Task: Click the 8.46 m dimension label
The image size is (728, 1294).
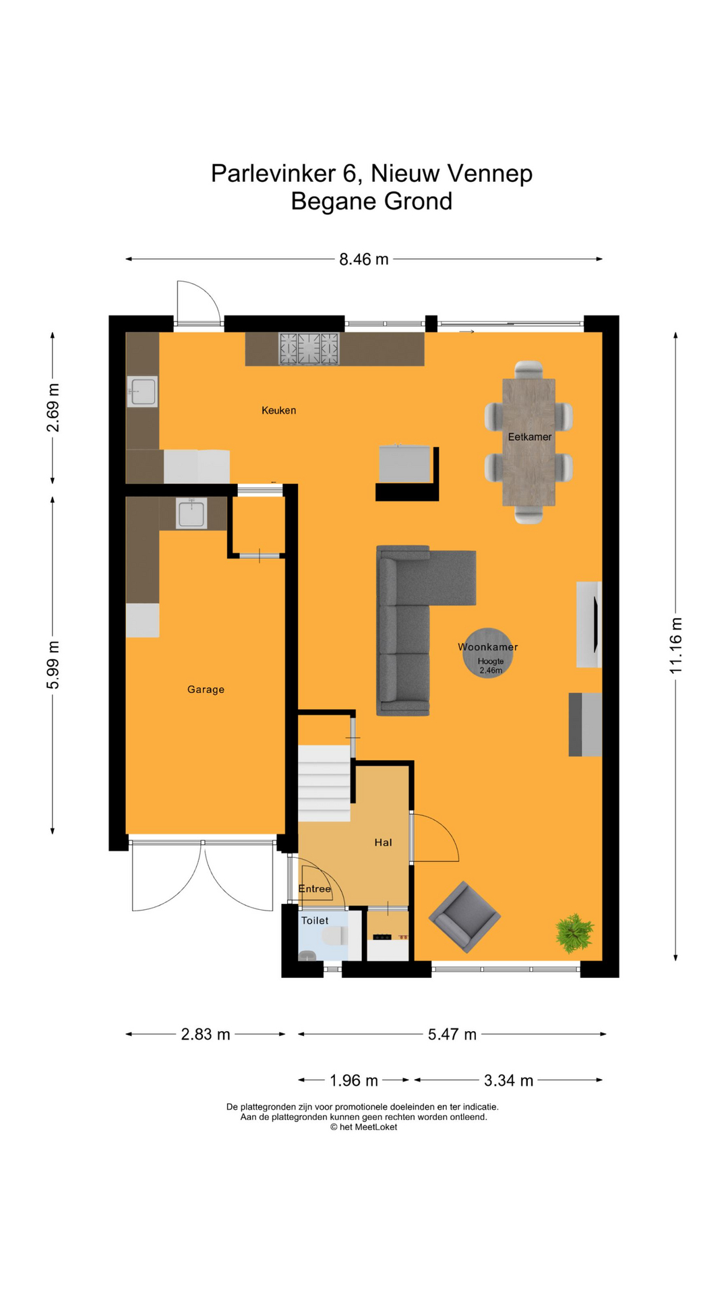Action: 363,259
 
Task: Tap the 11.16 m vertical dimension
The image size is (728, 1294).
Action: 676,645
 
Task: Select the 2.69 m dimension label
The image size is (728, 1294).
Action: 53,407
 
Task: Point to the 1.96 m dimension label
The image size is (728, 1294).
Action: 353,1080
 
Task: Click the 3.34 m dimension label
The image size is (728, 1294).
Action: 508,1080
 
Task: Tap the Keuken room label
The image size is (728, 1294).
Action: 278,410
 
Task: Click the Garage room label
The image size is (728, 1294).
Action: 206,689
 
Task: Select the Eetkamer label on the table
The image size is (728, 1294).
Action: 529,437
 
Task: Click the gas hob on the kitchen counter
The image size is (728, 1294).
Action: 309,349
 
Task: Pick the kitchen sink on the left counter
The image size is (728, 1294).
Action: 142,392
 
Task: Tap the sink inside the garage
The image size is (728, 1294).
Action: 191,514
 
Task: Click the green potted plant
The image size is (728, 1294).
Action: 574,933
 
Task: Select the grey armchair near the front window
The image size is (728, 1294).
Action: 464,917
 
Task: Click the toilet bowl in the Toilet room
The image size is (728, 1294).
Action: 334,936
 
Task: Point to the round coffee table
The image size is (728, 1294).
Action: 488,652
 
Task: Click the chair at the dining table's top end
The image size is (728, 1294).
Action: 528,369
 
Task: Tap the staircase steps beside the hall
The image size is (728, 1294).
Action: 324,783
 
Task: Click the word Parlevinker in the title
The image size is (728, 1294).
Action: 272,173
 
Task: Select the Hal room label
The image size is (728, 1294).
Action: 383,842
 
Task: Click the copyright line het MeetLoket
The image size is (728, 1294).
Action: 363,1127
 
